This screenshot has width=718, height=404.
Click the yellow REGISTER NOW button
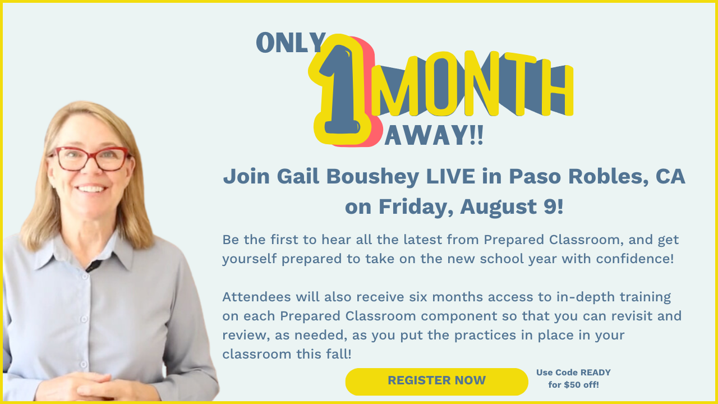[436, 382]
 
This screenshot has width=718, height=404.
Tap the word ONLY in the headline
[291, 43]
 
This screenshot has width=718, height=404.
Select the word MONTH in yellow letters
[472, 84]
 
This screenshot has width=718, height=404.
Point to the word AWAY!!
[434, 136]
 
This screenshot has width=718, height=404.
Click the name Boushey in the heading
[373, 177]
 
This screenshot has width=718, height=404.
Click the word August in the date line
[499, 207]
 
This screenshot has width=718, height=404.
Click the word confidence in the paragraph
[632, 259]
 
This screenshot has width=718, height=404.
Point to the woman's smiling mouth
[91, 189]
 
